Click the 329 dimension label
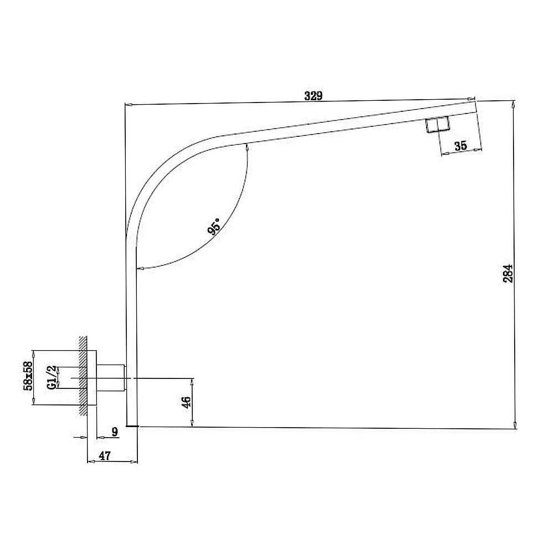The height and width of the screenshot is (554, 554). (x=314, y=96)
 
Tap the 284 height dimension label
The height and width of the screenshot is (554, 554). (x=508, y=273)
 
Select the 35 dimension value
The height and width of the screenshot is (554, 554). (x=460, y=146)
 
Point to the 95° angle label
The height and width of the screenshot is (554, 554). (x=214, y=226)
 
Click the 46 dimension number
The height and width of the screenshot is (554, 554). (x=186, y=402)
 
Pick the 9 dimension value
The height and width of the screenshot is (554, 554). (x=115, y=432)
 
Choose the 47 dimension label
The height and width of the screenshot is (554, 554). (x=105, y=456)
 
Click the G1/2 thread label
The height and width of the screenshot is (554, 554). (x=52, y=377)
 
